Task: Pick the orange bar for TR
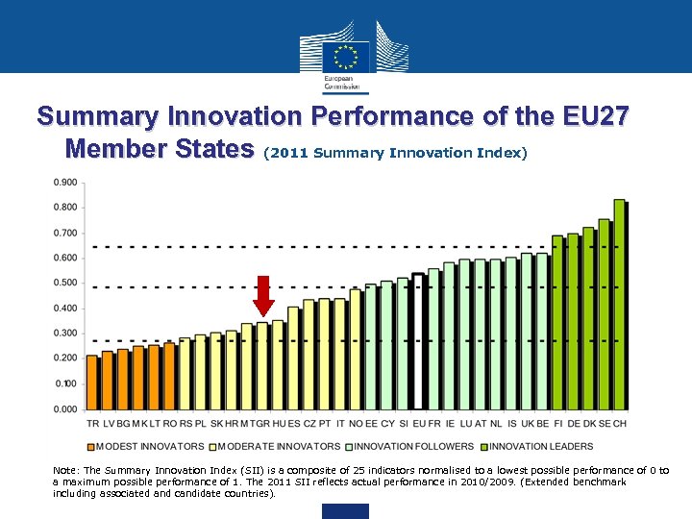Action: [x=92, y=382]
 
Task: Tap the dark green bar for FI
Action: [x=557, y=322]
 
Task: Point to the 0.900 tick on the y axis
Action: [x=65, y=183]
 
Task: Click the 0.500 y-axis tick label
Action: [x=65, y=283]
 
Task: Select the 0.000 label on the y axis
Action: [x=65, y=408]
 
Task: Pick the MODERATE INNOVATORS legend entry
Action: [x=279, y=446]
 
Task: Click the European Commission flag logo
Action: [x=346, y=56]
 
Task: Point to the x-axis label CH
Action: [x=620, y=424]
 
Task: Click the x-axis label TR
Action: [x=92, y=424]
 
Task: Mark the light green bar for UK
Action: [x=527, y=331]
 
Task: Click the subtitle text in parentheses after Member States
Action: [x=395, y=153]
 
